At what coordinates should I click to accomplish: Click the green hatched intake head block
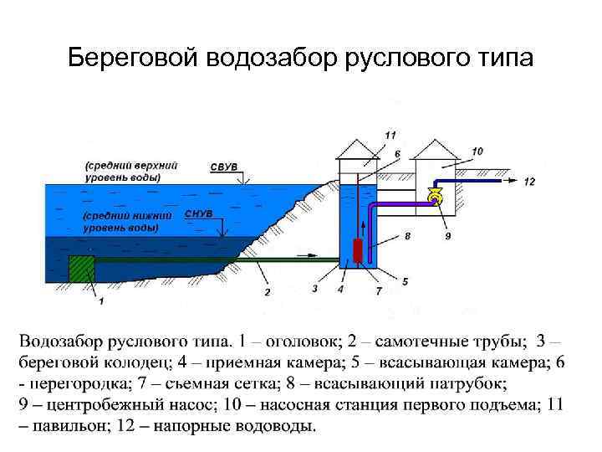[x=83, y=270]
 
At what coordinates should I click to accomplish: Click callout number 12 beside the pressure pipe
[x=529, y=181]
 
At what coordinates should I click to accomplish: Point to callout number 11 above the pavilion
[x=391, y=134]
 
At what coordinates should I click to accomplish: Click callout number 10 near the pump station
[x=477, y=151]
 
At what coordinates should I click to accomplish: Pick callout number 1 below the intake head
[x=101, y=300]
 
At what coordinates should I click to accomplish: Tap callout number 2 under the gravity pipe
[x=268, y=292]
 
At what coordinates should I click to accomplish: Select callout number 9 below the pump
[x=447, y=237]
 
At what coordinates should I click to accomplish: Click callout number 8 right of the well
[x=408, y=237]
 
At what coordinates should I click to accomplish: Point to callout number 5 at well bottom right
[x=406, y=281]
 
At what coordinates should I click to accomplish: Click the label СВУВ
[x=223, y=167]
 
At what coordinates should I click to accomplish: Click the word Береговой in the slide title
[x=135, y=58]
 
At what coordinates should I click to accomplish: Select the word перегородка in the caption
[x=77, y=384]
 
